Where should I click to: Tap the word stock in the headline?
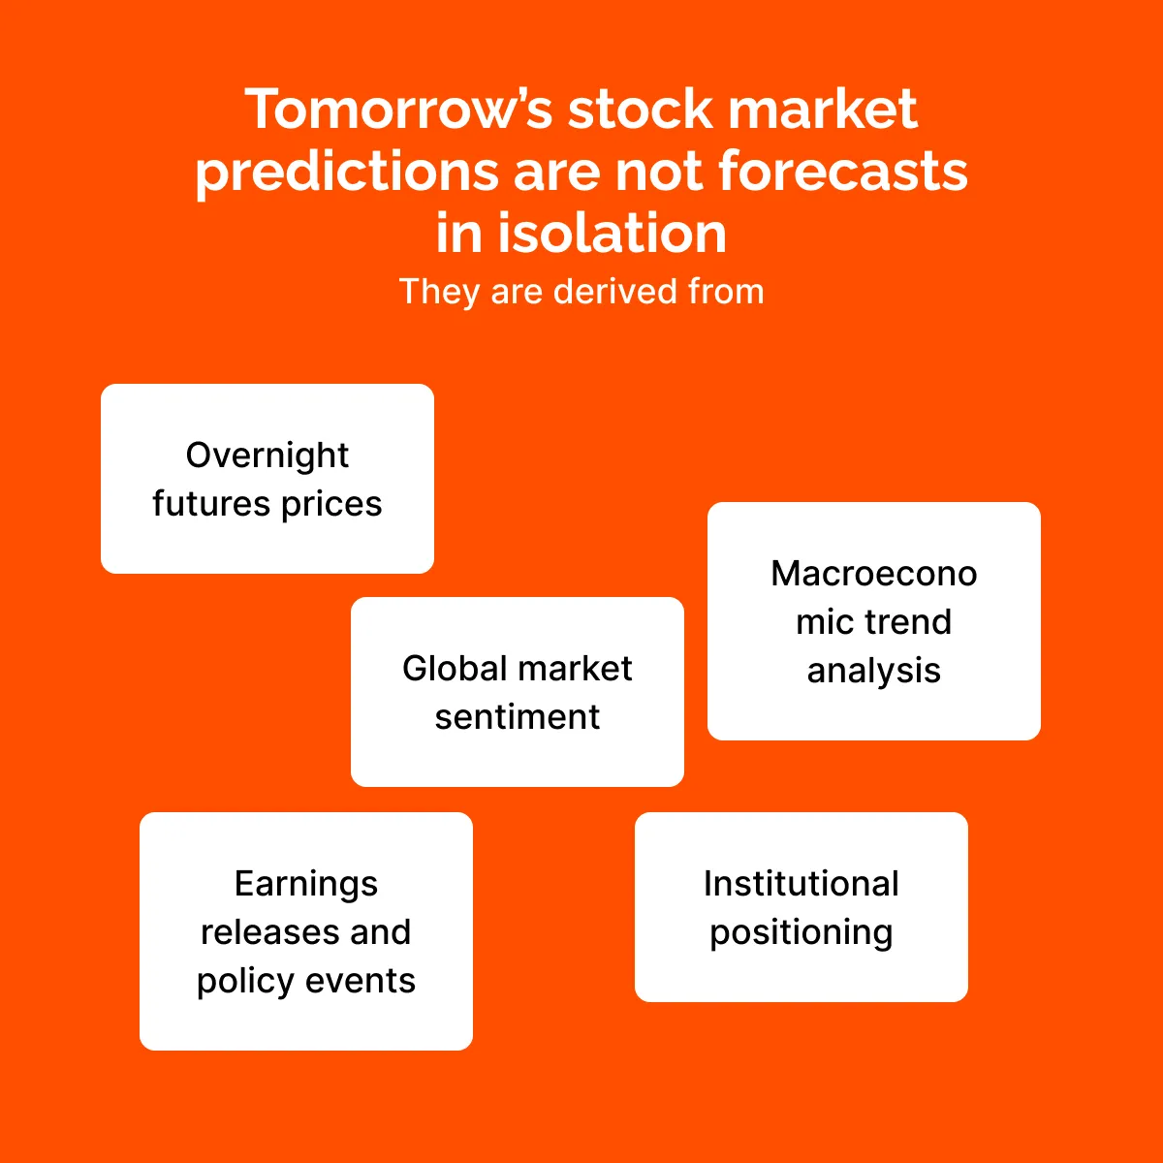(641, 109)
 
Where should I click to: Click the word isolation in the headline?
(612, 233)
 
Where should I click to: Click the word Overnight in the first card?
(267, 456)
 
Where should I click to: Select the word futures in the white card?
(210, 503)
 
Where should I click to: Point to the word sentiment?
(518, 717)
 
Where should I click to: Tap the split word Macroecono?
(873, 574)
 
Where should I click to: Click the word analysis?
(873, 672)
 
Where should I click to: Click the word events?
(361, 982)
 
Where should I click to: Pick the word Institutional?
(801, 884)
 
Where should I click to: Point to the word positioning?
(801, 933)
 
